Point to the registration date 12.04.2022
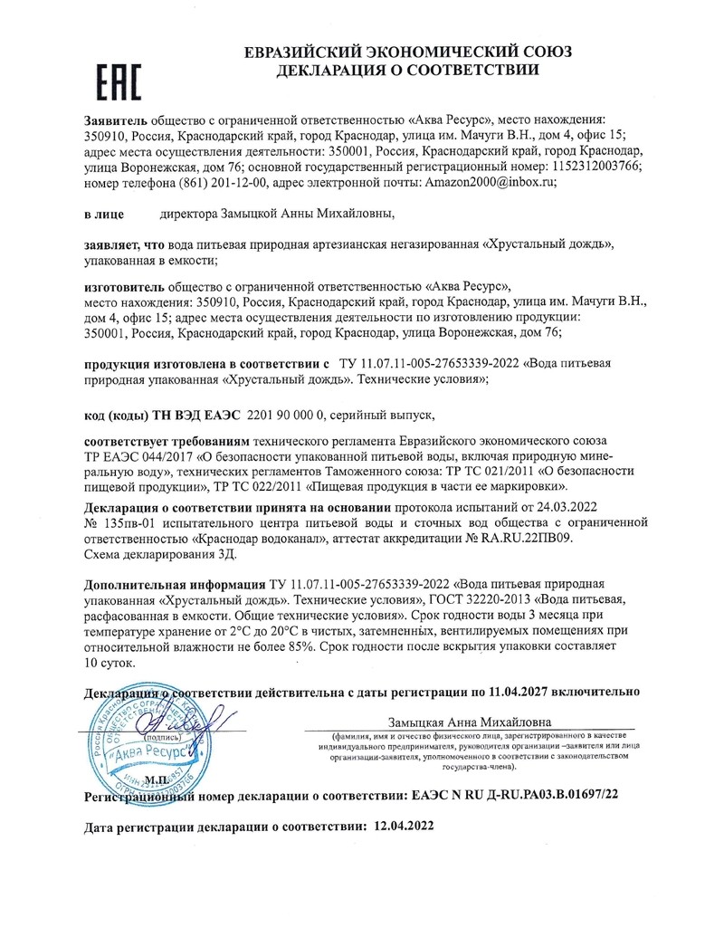[x=399, y=826]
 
